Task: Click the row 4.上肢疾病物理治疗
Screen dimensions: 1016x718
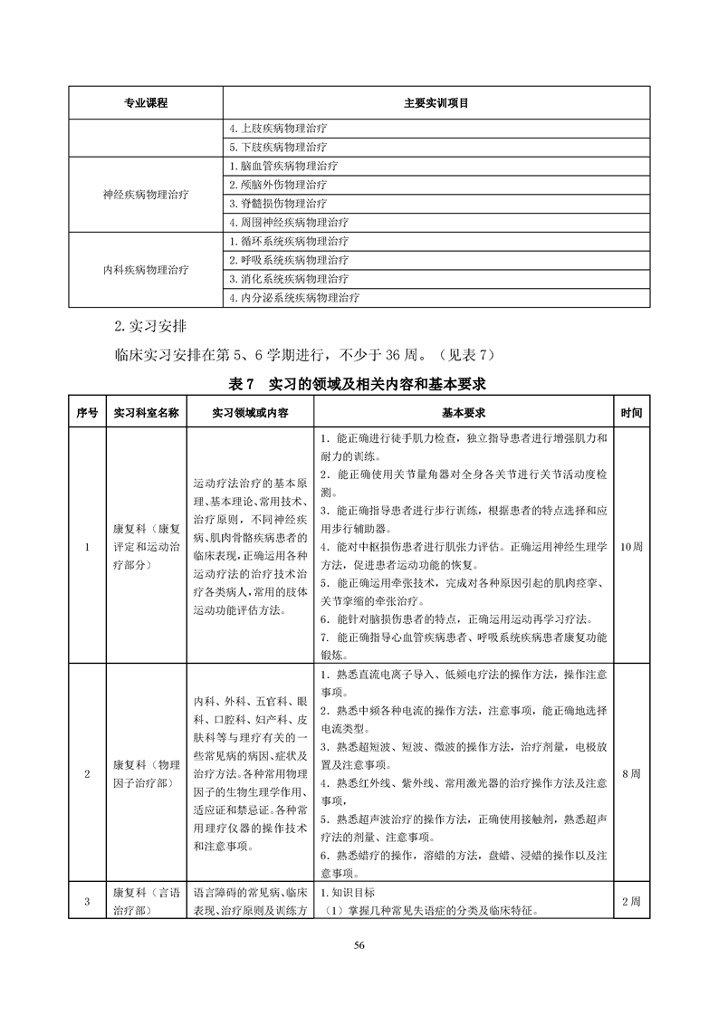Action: [279, 129]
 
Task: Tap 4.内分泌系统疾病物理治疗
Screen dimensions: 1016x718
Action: [294, 298]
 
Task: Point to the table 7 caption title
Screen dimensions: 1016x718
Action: [359, 384]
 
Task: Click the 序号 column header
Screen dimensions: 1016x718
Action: [86, 413]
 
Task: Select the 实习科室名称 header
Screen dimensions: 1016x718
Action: [146, 413]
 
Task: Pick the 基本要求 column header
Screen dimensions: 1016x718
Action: [464, 413]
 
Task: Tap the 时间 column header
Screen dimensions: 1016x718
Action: [632, 413]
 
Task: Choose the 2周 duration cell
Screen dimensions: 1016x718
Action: [632, 901]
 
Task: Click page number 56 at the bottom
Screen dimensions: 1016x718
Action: [359, 945]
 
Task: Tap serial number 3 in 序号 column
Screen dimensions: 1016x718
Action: [86, 901]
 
